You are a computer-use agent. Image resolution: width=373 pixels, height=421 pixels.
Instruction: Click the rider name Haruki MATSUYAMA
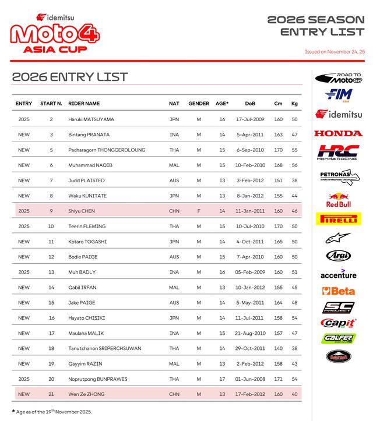tap(91, 119)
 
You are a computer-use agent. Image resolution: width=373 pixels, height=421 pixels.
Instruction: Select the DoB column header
tap(250, 104)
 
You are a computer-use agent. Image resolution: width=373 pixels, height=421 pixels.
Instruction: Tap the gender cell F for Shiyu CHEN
tap(199, 211)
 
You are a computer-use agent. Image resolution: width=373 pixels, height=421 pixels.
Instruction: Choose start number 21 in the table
tap(51, 394)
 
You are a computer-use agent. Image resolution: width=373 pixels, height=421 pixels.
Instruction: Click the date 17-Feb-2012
tap(250, 394)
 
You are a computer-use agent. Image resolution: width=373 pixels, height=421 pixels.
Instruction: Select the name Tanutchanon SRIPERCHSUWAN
tap(104, 348)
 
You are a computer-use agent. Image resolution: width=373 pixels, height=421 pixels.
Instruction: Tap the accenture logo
tap(338, 275)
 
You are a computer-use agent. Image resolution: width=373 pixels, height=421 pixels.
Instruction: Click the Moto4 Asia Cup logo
tap(55, 34)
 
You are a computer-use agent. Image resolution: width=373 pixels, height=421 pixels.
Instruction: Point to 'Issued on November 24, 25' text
tap(335, 52)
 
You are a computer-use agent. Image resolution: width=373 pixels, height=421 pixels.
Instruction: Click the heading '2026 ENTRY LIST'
tap(69, 77)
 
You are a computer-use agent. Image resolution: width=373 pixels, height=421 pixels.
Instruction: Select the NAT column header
tap(174, 104)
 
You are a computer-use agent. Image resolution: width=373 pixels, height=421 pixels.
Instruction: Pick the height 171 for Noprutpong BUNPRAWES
tap(278, 379)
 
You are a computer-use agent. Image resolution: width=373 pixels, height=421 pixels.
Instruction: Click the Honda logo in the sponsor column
tap(338, 133)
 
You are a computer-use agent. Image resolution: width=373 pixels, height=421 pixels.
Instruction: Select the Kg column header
tap(294, 104)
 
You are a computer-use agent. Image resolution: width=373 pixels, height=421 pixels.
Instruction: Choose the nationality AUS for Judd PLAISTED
tap(174, 181)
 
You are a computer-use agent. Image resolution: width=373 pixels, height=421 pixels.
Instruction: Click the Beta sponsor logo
tap(338, 291)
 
